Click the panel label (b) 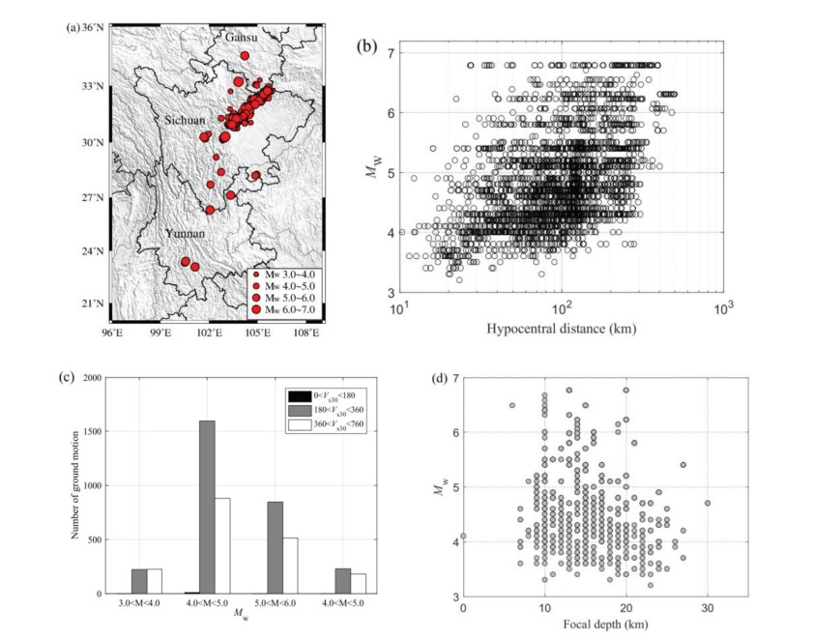pyautogui.click(x=367, y=44)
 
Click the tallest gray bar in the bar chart pyautogui.click(x=207, y=507)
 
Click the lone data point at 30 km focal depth pyautogui.click(x=708, y=503)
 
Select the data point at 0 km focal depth pyautogui.click(x=463, y=536)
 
